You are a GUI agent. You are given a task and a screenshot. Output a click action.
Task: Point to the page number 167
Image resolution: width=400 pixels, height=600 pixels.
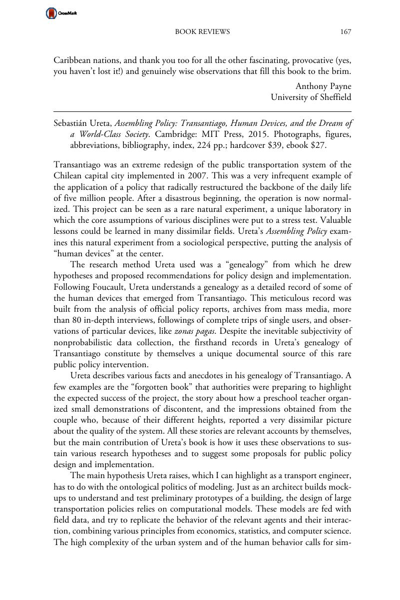[x=346, y=32]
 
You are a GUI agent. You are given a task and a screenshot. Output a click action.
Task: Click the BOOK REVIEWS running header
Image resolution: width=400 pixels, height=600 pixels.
[x=202, y=32]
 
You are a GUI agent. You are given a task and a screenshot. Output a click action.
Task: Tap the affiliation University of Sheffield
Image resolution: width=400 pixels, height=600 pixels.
[x=311, y=97]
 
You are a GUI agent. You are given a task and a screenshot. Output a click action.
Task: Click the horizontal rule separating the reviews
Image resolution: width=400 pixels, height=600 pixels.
[x=202, y=111]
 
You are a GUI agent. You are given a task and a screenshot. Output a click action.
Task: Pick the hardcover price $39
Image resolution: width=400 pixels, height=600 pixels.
[x=287, y=145]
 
